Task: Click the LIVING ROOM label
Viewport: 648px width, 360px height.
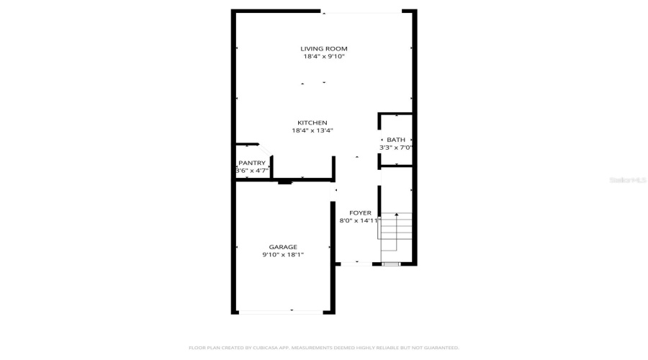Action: coord(323,48)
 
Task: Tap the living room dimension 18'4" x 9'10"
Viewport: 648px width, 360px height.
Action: coord(323,56)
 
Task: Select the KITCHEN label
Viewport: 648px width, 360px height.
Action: coord(312,122)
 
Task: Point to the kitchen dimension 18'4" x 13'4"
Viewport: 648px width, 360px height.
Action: coord(312,131)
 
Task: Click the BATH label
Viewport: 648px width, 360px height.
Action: coord(396,140)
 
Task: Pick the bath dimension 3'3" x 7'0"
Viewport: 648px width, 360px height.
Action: coord(396,148)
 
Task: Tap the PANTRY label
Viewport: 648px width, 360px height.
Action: coord(252,163)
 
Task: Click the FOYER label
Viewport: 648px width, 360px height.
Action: coord(360,213)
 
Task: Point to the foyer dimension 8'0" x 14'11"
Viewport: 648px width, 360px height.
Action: coord(359,221)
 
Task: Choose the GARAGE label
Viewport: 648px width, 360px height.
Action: coord(283,247)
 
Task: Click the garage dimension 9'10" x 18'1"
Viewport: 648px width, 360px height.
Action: coord(283,255)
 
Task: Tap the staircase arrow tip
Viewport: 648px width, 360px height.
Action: coord(396,215)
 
